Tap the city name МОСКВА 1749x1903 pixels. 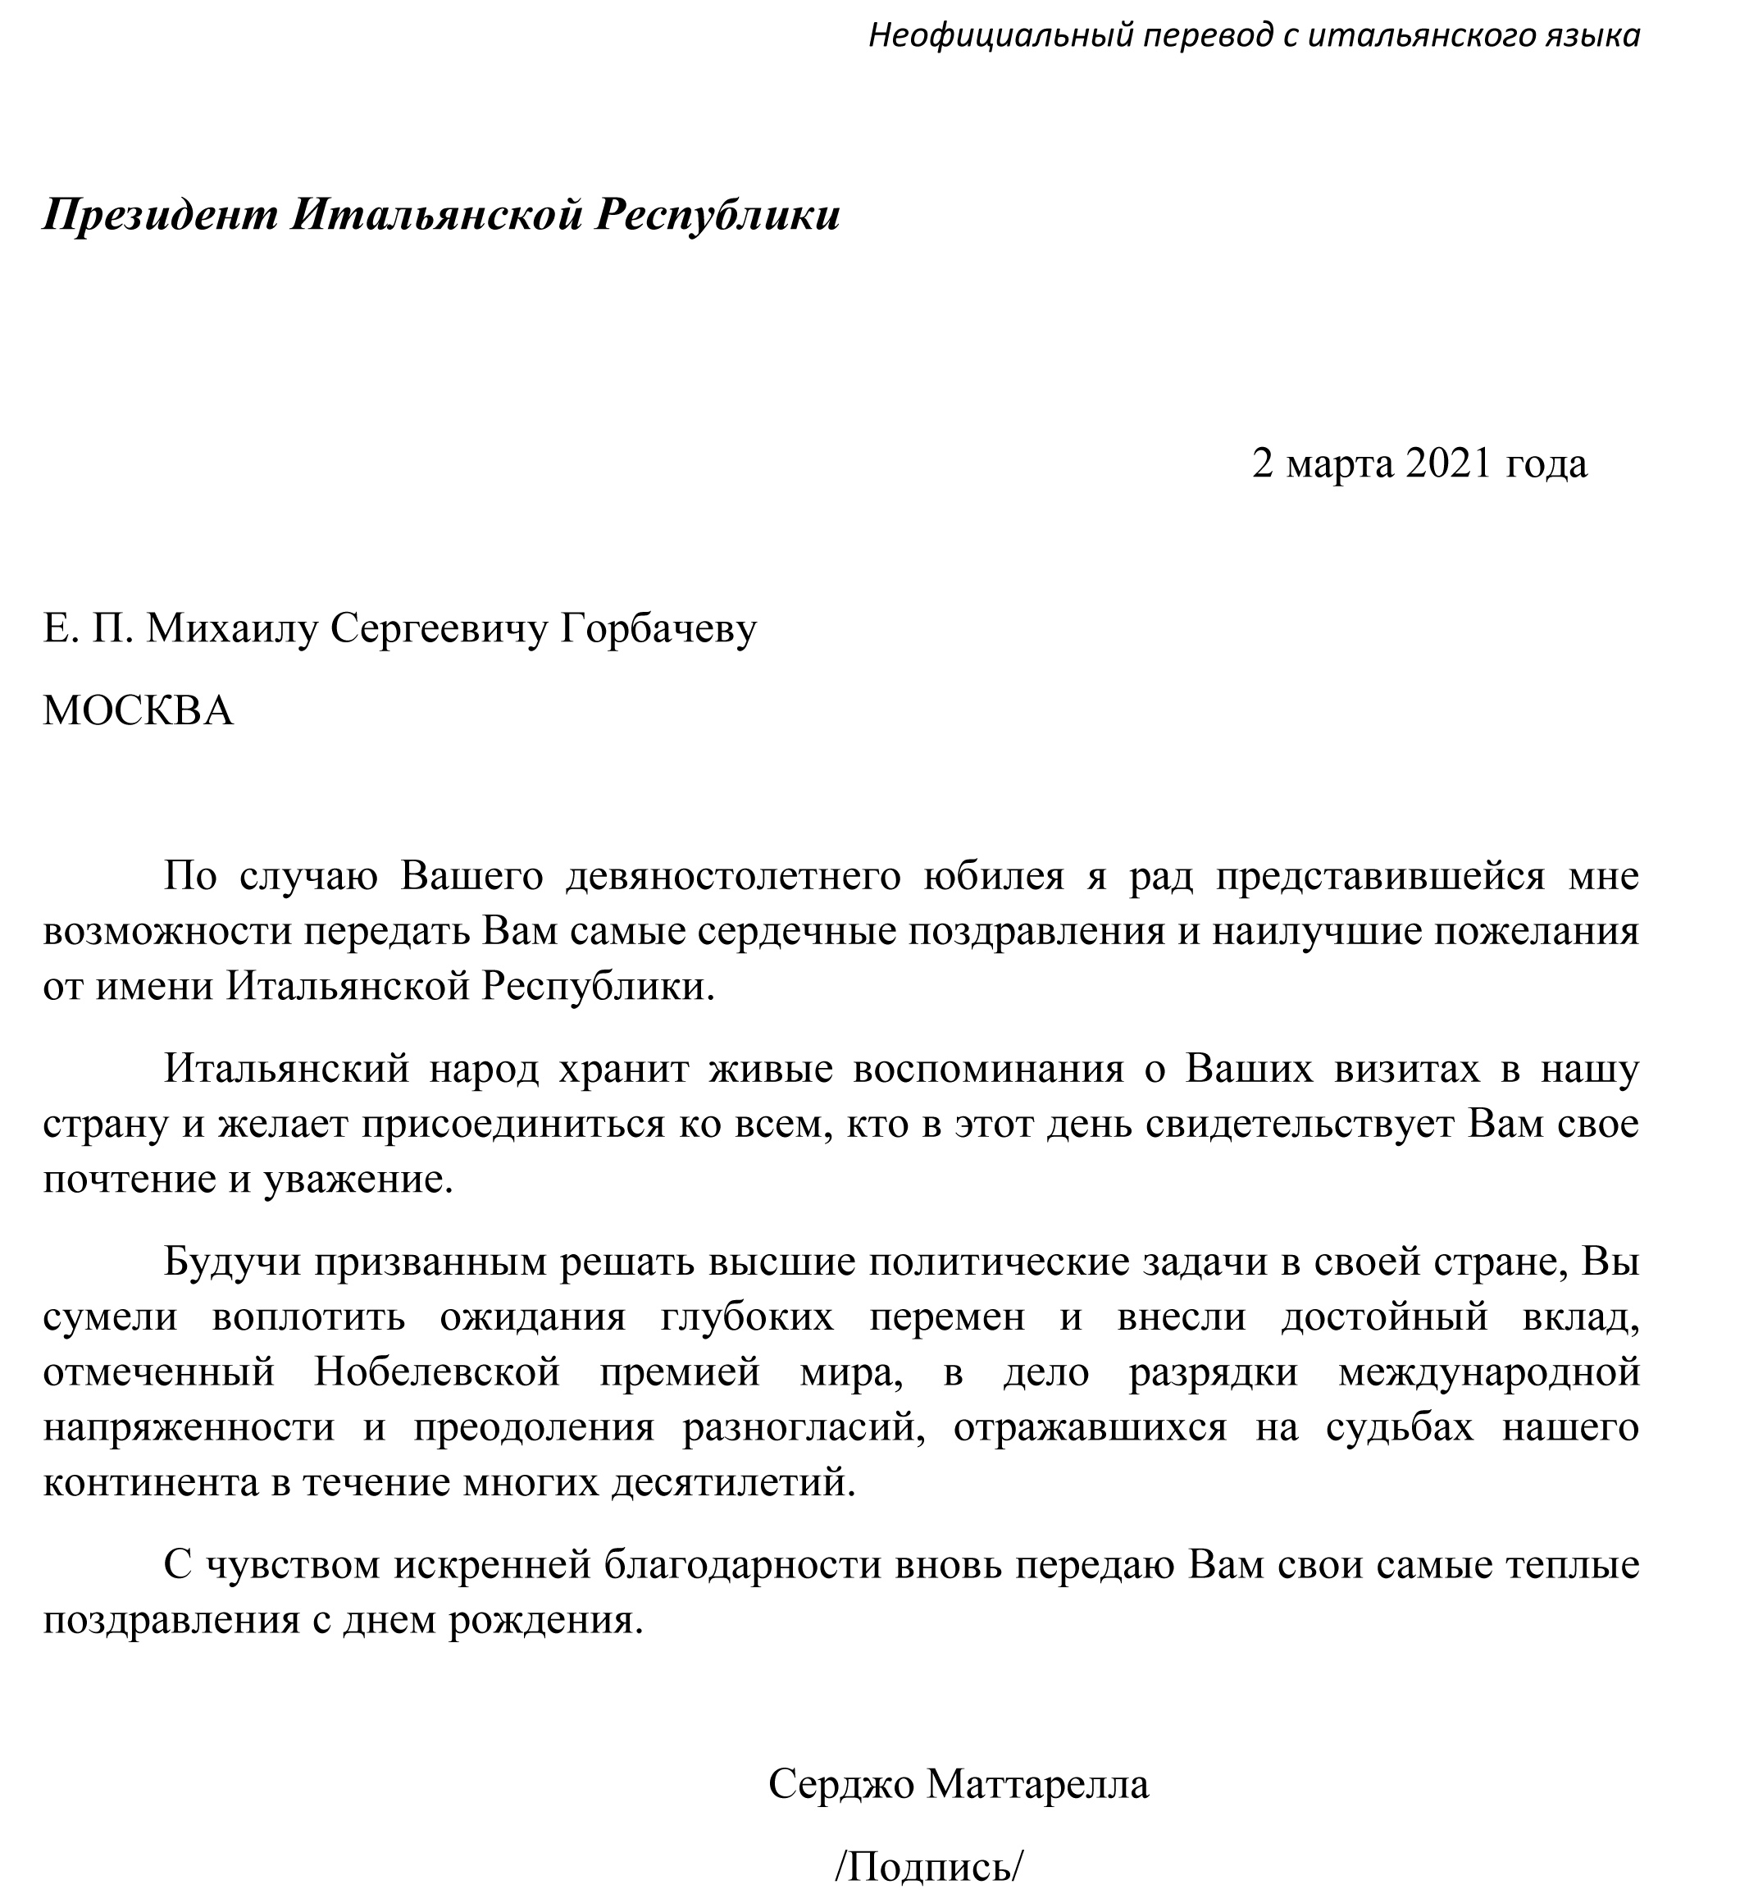tap(139, 710)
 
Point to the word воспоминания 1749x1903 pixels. tap(988, 1069)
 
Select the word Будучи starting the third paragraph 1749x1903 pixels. tap(226, 1262)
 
